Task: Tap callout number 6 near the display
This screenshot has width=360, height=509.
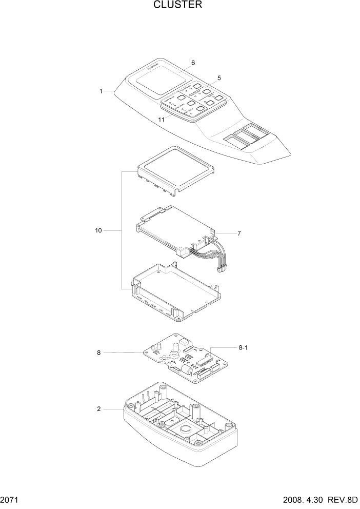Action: [193, 63]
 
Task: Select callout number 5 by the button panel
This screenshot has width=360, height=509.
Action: [219, 78]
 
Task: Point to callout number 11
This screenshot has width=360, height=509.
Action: [162, 120]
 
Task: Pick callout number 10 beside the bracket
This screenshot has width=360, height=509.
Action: [98, 231]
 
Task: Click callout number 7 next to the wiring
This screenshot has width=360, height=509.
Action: [238, 233]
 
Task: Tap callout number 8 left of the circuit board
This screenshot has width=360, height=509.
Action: [98, 353]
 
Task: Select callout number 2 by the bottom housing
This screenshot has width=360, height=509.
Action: [98, 409]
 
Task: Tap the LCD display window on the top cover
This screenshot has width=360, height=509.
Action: [156, 81]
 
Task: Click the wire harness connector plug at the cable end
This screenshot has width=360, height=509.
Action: [222, 269]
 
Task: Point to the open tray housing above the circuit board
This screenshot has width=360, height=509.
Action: [177, 292]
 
